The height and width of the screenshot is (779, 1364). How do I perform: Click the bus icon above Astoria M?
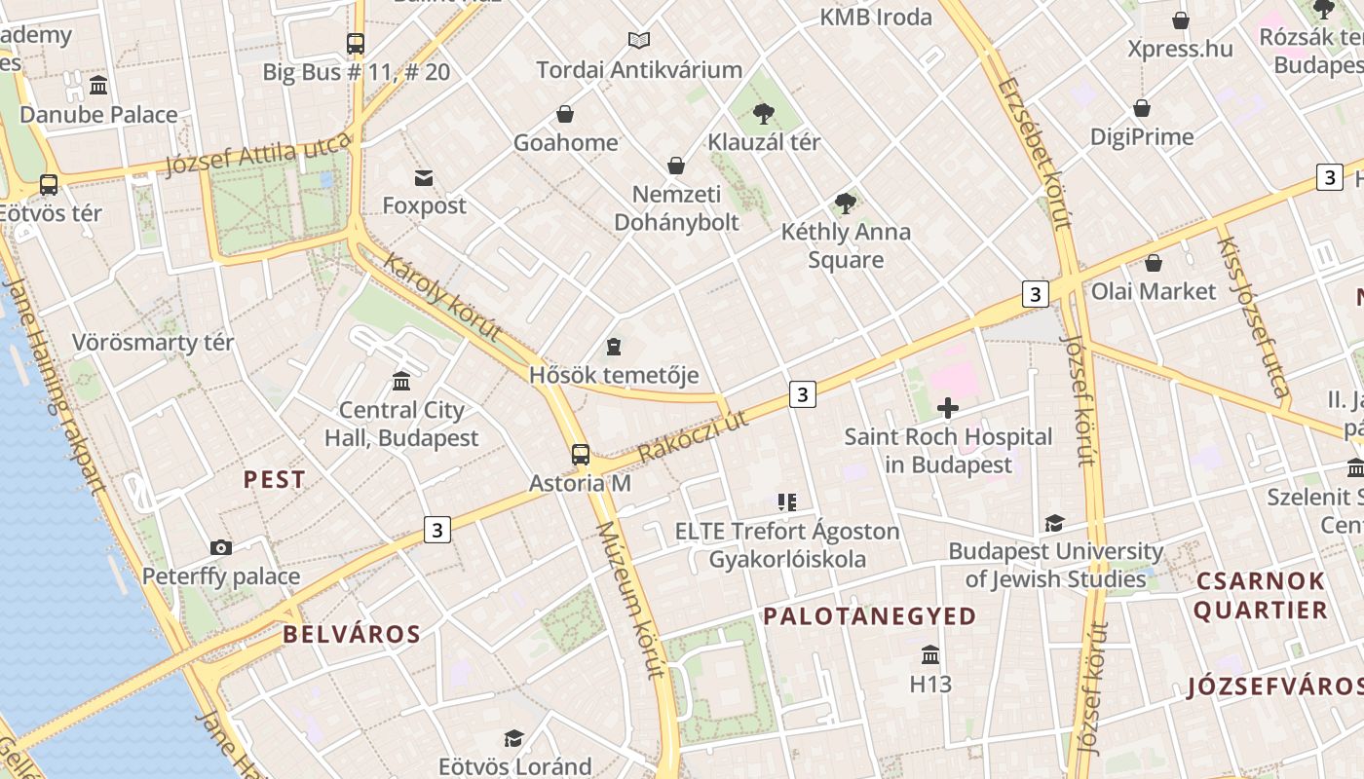point(581,455)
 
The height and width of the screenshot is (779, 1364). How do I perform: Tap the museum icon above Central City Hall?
point(400,381)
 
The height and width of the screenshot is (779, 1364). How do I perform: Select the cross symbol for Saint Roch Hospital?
point(947,409)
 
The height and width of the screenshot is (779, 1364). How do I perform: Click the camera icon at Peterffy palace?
point(221,548)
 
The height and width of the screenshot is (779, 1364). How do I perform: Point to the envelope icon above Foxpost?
point(424,178)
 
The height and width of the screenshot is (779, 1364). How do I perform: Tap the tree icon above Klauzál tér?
point(764,115)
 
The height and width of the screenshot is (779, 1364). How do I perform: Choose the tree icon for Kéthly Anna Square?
point(846,204)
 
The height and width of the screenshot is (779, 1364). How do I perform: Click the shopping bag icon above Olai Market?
point(1154,263)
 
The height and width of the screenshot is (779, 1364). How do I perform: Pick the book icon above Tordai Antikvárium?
point(639,41)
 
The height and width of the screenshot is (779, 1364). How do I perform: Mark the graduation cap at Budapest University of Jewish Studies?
point(1054,524)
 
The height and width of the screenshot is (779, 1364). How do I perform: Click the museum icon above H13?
point(930,655)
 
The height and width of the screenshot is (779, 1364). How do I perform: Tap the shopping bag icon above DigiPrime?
point(1142,108)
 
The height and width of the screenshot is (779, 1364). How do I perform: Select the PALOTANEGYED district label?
point(869,616)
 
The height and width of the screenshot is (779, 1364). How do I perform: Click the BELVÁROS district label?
point(352,635)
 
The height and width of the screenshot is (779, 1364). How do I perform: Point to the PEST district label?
point(274,480)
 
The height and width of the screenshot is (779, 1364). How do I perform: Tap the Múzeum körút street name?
point(630,599)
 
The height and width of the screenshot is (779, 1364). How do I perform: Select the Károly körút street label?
point(442,297)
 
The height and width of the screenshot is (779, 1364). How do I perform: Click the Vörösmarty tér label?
point(153,343)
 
